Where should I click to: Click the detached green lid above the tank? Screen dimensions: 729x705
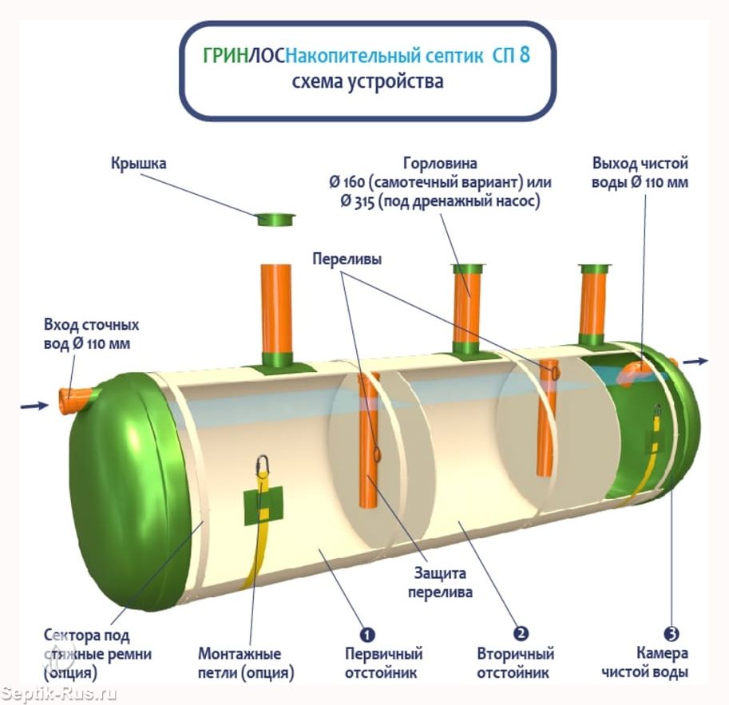(x=276, y=219)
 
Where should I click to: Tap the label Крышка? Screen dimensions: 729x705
(x=139, y=164)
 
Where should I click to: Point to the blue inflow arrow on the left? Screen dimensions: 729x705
(x=34, y=406)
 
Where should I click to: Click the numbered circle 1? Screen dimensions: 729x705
(x=366, y=634)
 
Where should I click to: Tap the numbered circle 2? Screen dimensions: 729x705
(x=521, y=633)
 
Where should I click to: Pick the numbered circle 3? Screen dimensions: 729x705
(x=672, y=633)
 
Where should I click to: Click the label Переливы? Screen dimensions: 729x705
(x=347, y=259)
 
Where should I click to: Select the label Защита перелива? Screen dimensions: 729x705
(x=440, y=583)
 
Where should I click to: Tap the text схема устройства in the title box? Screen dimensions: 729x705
(x=367, y=81)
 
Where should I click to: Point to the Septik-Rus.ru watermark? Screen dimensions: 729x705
(x=58, y=694)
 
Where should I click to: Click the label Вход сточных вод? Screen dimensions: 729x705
(x=92, y=334)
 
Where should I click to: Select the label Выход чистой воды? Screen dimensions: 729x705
(x=640, y=172)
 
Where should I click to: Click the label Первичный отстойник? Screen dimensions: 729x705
(x=383, y=663)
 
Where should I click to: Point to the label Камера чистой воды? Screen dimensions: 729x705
(x=644, y=662)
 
